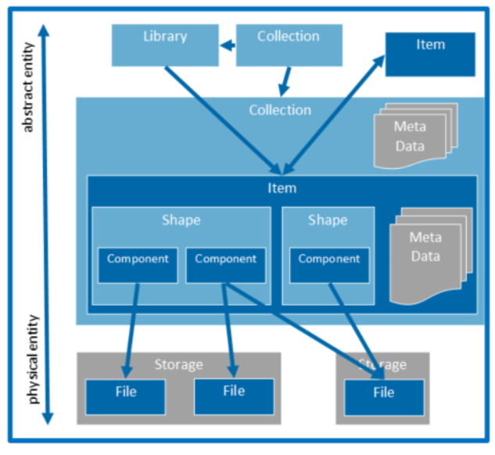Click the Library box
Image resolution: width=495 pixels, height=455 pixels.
click(x=164, y=45)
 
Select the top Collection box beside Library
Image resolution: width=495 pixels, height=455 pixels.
click(x=288, y=45)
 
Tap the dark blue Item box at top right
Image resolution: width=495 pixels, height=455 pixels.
click(x=430, y=54)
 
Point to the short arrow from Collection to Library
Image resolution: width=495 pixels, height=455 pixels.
click(x=228, y=45)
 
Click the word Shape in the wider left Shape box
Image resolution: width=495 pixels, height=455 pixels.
click(x=181, y=220)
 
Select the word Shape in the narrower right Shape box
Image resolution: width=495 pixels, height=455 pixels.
click(x=328, y=220)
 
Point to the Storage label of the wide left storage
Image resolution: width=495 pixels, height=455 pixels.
click(x=178, y=365)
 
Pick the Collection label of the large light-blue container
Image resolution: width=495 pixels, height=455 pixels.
click(x=280, y=110)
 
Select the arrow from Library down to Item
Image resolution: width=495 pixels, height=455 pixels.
click(x=223, y=120)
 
